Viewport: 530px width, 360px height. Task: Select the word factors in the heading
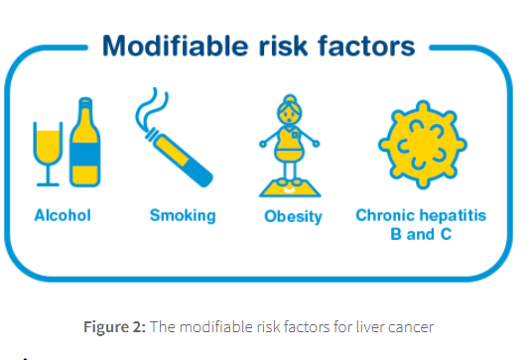(363, 47)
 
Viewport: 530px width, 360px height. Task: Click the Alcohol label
(63, 214)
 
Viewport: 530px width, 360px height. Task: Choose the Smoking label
(183, 214)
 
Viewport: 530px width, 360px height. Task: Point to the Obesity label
(293, 216)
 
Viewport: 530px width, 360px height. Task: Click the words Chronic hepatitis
(421, 215)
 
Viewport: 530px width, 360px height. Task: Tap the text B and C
(421, 234)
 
